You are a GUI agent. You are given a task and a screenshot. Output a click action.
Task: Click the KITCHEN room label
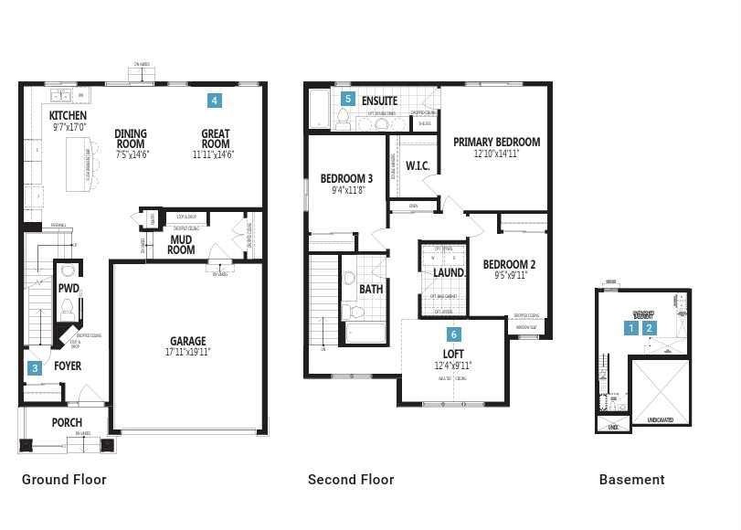click(68, 116)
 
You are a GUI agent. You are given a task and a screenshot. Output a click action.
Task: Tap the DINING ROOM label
click(131, 139)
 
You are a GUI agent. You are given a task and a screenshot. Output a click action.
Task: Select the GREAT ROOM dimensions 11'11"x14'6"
click(213, 155)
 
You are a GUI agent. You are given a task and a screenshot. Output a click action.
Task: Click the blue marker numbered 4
click(214, 101)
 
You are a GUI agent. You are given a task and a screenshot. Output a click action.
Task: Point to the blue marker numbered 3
click(35, 368)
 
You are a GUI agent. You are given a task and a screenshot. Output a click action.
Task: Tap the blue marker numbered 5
click(347, 99)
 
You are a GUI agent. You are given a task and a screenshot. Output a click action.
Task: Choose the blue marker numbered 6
click(453, 335)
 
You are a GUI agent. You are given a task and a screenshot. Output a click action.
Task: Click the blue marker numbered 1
click(631, 328)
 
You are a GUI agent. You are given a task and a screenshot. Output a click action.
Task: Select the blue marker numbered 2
click(650, 328)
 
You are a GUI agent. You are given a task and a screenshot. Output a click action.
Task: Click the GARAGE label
click(187, 342)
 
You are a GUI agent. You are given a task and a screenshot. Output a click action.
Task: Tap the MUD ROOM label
click(181, 245)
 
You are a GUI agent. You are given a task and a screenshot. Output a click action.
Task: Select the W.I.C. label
click(418, 166)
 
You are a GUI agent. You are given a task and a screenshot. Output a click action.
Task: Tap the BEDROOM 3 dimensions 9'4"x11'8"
click(348, 191)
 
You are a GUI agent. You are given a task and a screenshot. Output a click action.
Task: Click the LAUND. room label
click(449, 273)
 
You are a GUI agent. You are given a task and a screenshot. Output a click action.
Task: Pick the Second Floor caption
click(351, 480)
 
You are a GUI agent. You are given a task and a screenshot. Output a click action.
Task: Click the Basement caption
click(631, 480)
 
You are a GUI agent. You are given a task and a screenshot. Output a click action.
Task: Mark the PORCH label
click(67, 422)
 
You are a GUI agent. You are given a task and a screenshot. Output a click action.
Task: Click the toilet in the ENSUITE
click(344, 119)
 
